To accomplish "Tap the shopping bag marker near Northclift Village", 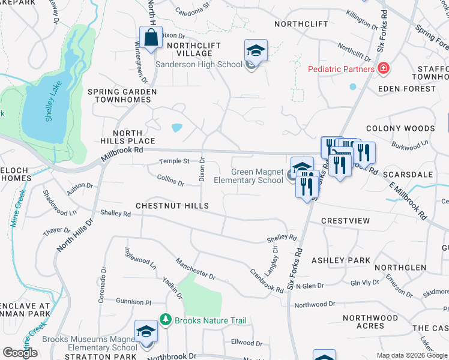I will pyautogui.click(x=151, y=38).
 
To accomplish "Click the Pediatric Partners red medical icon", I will pyautogui.click(x=383, y=69).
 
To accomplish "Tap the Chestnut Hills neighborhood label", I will pyautogui.click(x=172, y=206).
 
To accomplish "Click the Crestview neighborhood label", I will pyautogui.click(x=345, y=221).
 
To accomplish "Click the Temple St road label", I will pyautogui.click(x=173, y=161).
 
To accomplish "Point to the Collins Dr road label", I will pyautogui.click(x=170, y=179).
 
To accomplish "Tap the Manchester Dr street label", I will pyautogui.click(x=195, y=268).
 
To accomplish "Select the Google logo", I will pyautogui.click(x=20, y=353).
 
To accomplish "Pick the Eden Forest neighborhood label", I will pyautogui.click(x=407, y=89).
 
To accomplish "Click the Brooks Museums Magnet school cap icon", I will pyautogui.click(x=146, y=331).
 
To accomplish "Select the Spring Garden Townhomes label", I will pyautogui.click(x=122, y=96).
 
